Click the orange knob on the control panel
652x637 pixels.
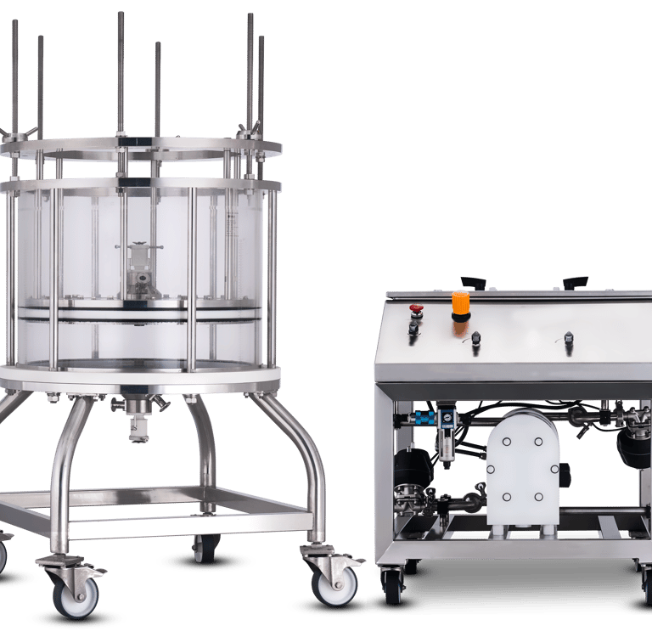(460, 303)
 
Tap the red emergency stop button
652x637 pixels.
(416, 310)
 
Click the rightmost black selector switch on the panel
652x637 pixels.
(569, 338)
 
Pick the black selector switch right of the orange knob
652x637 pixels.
(475, 337)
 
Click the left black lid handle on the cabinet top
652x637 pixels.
(472, 282)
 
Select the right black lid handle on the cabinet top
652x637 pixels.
(575, 281)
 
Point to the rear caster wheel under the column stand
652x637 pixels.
(205, 550)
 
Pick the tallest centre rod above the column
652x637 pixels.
(121, 68)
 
